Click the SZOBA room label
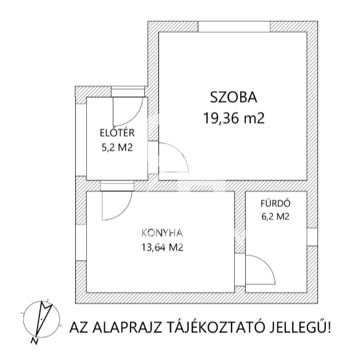pyautogui.click(x=233, y=98)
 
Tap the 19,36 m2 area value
pyautogui.click(x=233, y=118)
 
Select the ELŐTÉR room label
pyautogui.click(x=117, y=133)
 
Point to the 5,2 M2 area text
pyautogui.click(x=117, y=148)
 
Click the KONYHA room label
pyautogui.click(x=162, y=233)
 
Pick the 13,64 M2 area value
pyautogui.click(x=162, y=248)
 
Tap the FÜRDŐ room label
pyautogui.click(x=275, y=203)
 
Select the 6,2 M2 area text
pyautogui.click(x=275, y=217)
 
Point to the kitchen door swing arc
pyautogui.click(x=123, y=212)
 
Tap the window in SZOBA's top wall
pyautogui.click(x=233, y=27)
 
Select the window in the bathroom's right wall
pyautogui.click(x=312, y=237)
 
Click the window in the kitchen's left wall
pyautogui.click(x=81, y=243)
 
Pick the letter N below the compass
pyautogui.click(x=34, y=341)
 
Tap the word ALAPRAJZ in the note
pyautogui.click(x=127, y=327)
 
